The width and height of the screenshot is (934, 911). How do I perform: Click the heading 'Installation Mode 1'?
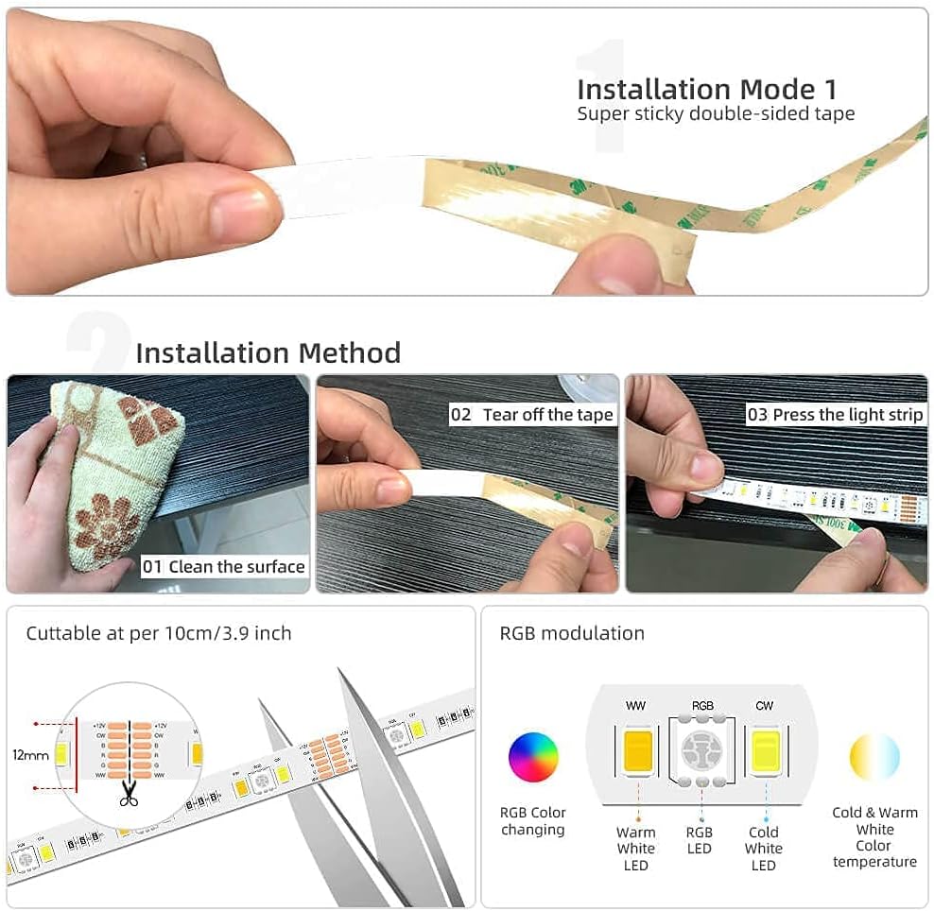tap(706, 89)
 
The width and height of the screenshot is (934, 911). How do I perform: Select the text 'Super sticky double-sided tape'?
tap(716, 114)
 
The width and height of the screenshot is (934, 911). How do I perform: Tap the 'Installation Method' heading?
tap(268, 352)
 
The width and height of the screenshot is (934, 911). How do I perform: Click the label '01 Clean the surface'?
tap(224, 567)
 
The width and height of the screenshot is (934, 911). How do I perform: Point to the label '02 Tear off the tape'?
tap(532, 415)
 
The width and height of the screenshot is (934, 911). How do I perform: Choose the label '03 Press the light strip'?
tap(835, 415)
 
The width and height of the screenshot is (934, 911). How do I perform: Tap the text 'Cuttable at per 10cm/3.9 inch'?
tap(159, 633)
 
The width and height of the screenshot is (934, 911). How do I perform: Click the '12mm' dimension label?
tap(29, 755)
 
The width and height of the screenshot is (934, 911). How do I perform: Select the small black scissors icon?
tap(129, 797)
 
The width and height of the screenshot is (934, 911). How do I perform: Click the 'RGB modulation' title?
tap(572, 633)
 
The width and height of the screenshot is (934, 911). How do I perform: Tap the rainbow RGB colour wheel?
tap(533, 757)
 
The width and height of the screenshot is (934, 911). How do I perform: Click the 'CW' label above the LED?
tap(764, 706)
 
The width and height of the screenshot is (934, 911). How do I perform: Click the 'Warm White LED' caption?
tap(636, 849)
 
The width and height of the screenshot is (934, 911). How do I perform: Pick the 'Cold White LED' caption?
tap(764, 849)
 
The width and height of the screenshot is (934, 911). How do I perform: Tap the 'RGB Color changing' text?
tap(533, 821)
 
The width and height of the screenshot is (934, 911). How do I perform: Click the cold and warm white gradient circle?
tap(874, 757)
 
